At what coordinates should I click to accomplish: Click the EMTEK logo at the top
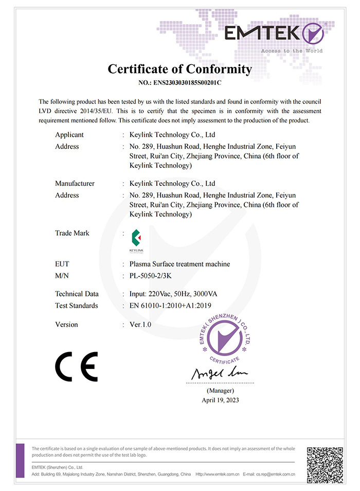pos(274,34)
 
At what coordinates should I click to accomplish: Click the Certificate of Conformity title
pos(179,69)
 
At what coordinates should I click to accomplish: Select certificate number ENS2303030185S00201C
pos(179,82)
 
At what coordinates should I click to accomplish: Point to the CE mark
pos(76,366)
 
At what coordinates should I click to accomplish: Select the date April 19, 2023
pos(220,400)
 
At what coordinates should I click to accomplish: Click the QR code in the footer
pos(325,465)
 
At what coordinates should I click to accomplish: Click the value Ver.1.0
pos(140,325)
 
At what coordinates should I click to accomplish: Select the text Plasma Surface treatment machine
pos(180,264)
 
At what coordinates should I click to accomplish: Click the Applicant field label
pos(69,135)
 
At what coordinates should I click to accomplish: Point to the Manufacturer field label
pos(75,183)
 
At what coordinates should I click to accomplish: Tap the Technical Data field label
pos(77,294)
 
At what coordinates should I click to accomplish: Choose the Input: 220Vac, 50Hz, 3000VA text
pos(173,294)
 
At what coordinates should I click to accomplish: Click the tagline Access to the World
pos(292,51)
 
